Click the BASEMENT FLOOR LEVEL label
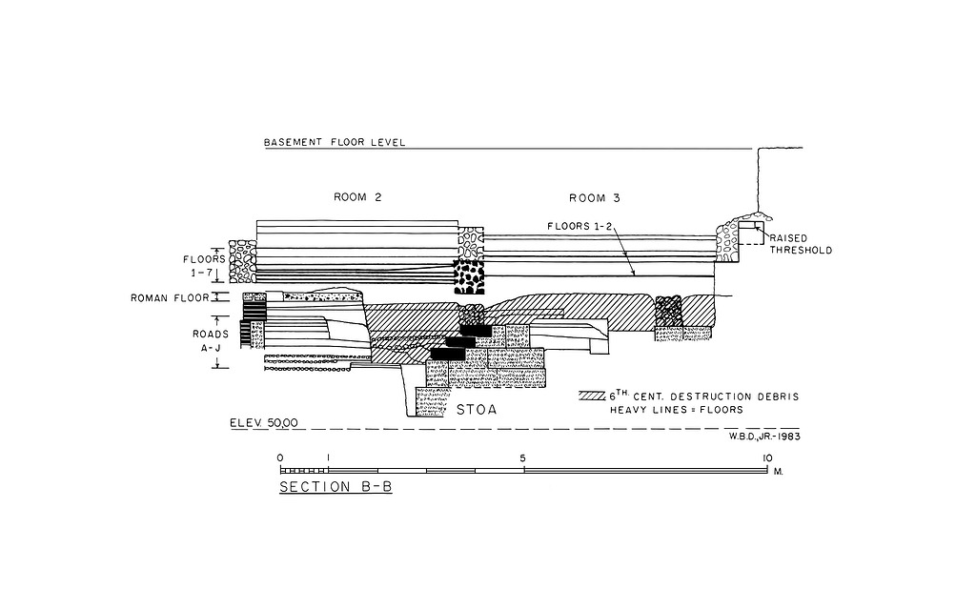point(335,143)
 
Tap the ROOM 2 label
point(357,198)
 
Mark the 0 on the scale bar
point(280,457)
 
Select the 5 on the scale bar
point(523,457)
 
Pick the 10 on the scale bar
point(765,457)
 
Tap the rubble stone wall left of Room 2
point(241,260)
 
